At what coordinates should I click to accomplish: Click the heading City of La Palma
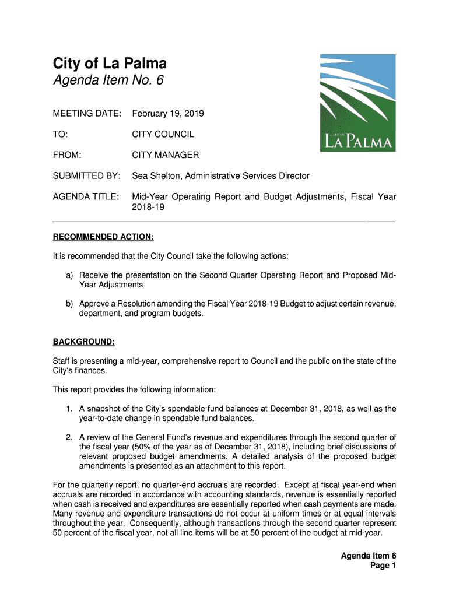pos(110,63)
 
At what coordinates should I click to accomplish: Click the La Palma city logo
pos(357,103)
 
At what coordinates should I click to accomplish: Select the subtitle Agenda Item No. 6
pos(108,80)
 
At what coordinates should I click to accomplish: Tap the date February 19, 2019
pos(168,113)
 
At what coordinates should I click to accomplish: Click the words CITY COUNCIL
pos(163,134)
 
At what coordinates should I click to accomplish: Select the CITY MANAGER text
pos(166,155)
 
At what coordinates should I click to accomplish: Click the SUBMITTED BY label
pos(86,176)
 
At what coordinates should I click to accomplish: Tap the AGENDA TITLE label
pos(86,197)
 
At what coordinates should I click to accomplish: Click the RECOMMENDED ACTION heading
pos(103,237)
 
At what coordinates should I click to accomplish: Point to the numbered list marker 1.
pos(69,409)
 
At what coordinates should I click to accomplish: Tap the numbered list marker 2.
pos(69,437)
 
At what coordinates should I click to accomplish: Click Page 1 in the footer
pos(383,566)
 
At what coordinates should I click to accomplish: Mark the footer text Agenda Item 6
pos(369,556)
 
